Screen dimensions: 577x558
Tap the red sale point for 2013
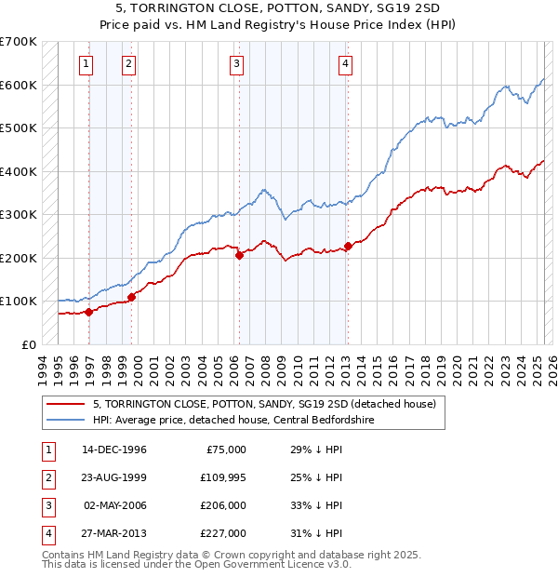pyautogui.click(x=348, y=246)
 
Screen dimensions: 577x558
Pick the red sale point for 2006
pyautogui.click(x=239, y=255)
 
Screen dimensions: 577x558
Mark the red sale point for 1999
pyautogui.click(x=131, y=297)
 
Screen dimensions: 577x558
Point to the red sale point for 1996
pyautogui.click(x=89, y=312)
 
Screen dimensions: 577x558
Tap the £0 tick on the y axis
pyautogui.click(x=28, y=344)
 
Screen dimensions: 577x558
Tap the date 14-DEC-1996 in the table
pyautogui.click(x=114, y=450)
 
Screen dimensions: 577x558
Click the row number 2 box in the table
pyautogui.click(x=46, y=477)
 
